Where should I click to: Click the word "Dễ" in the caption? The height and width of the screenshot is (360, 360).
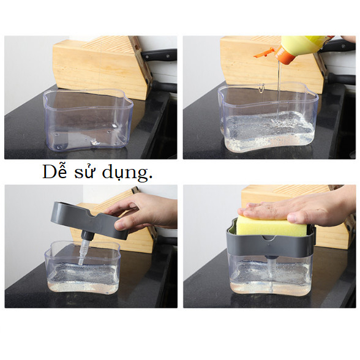[54, 171]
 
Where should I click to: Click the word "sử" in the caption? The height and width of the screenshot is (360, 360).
[84, 172]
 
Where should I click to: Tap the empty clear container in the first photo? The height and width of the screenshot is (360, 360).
[88, 119]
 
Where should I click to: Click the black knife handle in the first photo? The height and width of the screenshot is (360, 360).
[159, 55]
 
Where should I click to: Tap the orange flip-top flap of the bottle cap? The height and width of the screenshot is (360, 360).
[264, 53]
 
